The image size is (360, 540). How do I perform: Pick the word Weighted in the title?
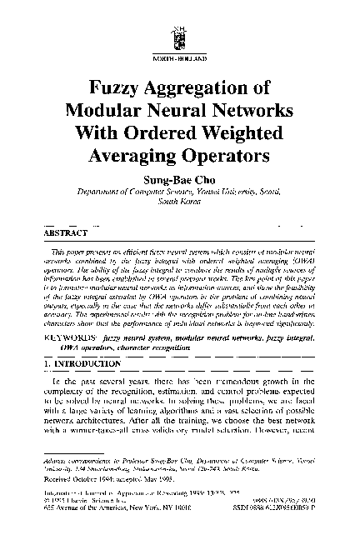tap(242, 133)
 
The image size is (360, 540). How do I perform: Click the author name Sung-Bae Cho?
tap(179, 178)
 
